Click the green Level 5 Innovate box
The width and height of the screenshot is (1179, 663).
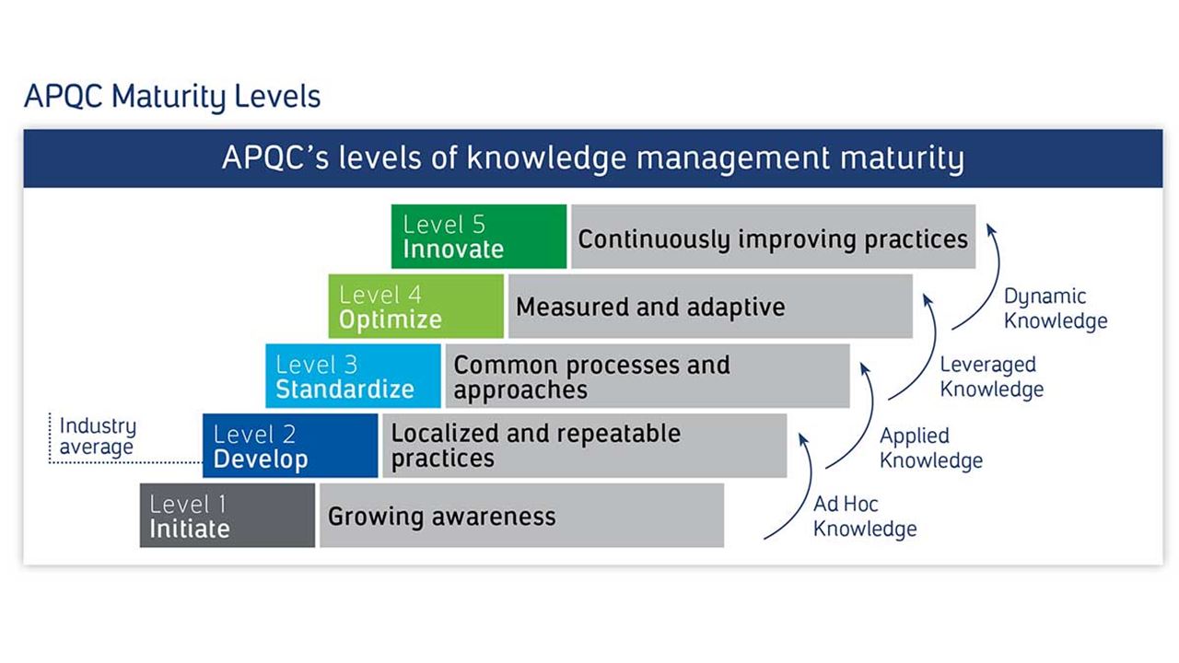pos(478,237)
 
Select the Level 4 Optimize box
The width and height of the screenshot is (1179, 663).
pos(415,307)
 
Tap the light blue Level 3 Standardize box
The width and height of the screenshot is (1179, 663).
pos(353,376)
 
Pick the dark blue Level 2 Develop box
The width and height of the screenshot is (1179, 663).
pos(290,446)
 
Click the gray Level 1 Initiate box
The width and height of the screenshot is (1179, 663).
pos(228,516)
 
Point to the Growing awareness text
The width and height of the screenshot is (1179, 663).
pos(442,516)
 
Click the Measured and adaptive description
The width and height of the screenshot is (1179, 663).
pos(650,307)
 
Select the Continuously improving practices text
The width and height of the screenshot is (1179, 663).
pos(773,238)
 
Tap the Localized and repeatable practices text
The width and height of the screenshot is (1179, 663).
pos(535,446)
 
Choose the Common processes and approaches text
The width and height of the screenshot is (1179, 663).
pos(591,377)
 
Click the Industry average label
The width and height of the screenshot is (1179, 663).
pos(97,436)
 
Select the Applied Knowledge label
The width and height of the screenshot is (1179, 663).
pos(930,448)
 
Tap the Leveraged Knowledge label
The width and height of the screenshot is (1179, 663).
pos(991,377)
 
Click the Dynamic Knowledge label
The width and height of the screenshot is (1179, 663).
pos(1055,308)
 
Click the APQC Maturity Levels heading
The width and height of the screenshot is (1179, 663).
pos(172,96)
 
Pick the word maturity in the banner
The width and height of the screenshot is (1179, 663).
pos(902,158)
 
